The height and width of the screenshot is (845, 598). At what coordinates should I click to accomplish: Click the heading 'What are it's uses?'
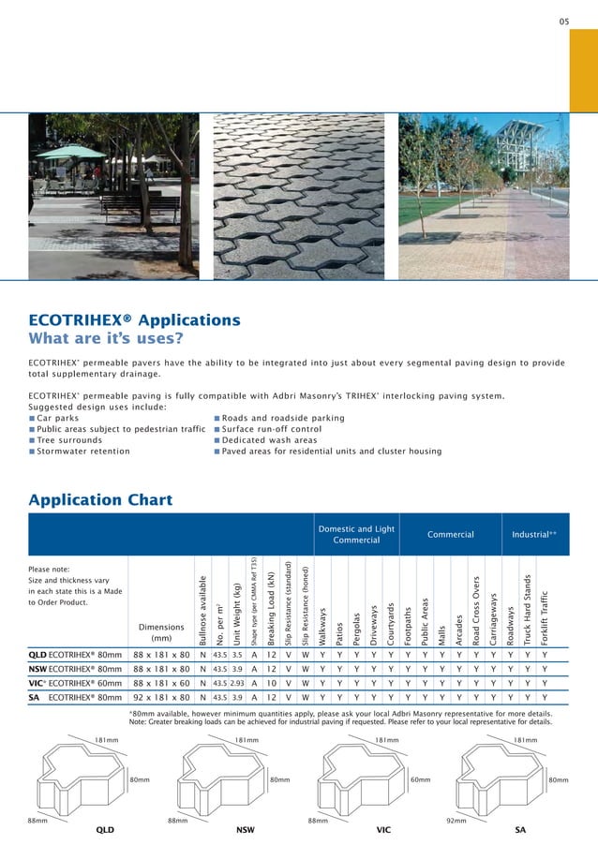(x=106, y=338)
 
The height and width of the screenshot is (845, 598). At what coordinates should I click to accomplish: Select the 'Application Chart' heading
(x=100, y=499)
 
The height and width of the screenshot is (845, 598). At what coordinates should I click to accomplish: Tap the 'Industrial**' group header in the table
(x=534, y=535)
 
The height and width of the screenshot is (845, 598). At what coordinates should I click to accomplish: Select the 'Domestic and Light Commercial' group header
(x=356, y=535)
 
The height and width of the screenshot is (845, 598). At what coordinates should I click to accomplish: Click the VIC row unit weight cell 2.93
(x=237, y=684)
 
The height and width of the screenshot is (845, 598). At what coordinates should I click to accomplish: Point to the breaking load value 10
(x=271, y=684)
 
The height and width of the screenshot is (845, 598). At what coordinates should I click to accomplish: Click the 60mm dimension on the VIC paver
(x=420, y=779)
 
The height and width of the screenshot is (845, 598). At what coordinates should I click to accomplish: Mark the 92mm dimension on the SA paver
(x=456, y=820)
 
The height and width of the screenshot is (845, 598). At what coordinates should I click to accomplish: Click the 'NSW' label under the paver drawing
(x=247, y=830)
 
